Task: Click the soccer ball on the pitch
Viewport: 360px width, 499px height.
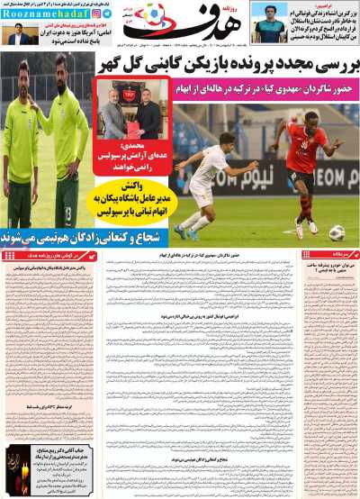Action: tap(336, 232)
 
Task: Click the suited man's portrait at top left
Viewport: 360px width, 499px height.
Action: tap(18, 36)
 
